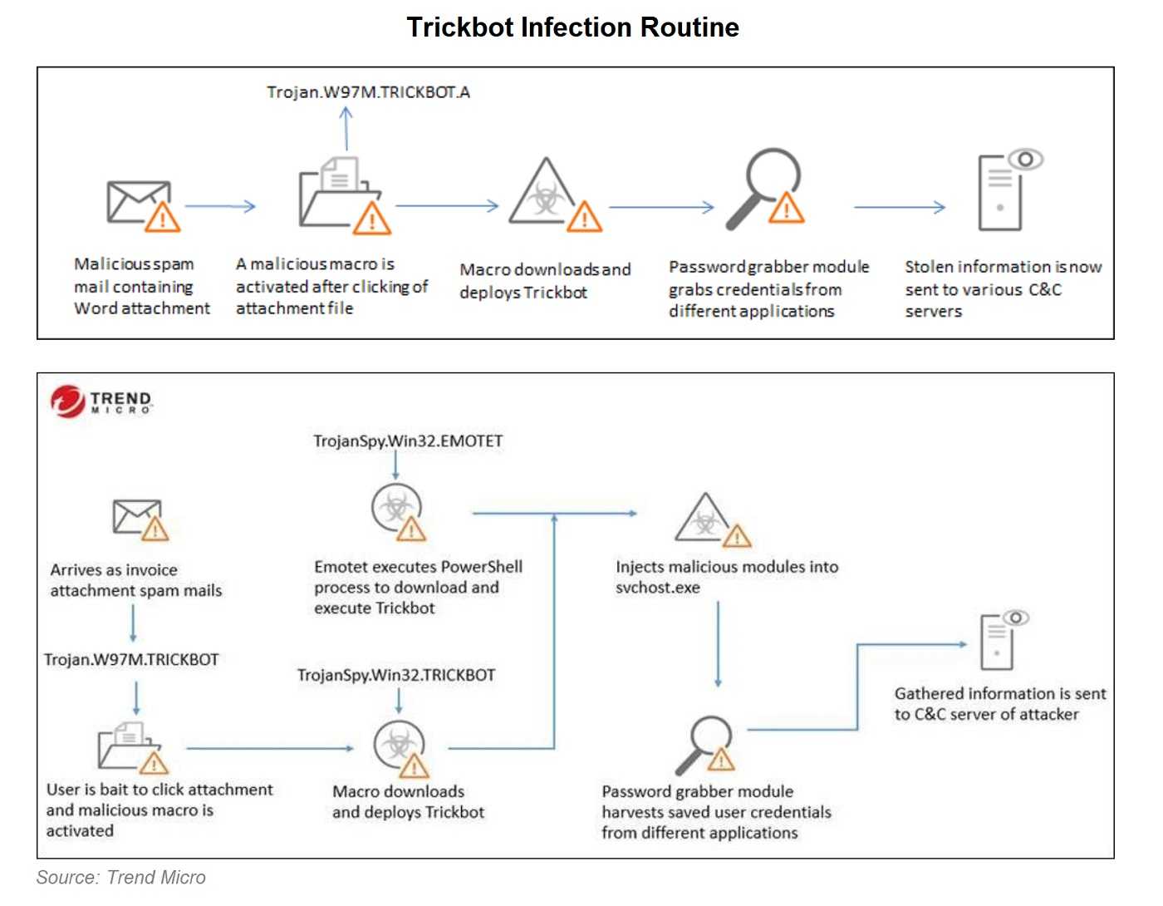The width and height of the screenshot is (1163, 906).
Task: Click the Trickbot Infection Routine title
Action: (572, 27)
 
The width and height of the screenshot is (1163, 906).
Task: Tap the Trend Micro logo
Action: (101, 401)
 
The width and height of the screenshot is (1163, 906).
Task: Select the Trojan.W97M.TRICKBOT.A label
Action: (368, 92)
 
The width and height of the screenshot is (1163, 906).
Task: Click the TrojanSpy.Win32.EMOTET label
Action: (408, 441)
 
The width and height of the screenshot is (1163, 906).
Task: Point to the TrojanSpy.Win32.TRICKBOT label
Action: (396, 675)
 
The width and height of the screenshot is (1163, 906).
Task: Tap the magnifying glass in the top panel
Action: (765, 189)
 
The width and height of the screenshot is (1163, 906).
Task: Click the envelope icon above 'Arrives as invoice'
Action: (140, 519)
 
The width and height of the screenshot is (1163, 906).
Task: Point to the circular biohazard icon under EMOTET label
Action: (399, 512)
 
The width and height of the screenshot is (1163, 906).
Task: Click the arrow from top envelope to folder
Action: (220, 206)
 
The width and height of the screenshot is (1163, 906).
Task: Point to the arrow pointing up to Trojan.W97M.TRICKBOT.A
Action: (346, 129)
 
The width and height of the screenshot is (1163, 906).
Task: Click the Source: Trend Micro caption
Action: (121, 877)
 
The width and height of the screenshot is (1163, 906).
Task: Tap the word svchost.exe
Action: (658, 588)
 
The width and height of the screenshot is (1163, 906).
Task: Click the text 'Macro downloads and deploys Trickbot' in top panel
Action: (545, 281)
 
